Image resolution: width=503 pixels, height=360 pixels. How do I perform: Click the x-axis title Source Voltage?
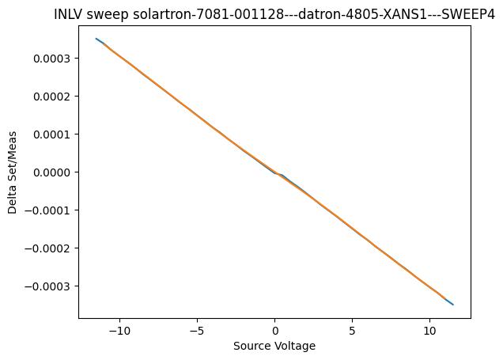[x=274, y=346]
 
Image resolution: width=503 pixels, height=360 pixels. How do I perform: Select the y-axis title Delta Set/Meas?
[x=13, y=172]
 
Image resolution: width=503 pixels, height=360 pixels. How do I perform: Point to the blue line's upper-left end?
[x=96, y=39]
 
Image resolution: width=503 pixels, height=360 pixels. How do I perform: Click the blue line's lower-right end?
[x=453, y=305]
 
